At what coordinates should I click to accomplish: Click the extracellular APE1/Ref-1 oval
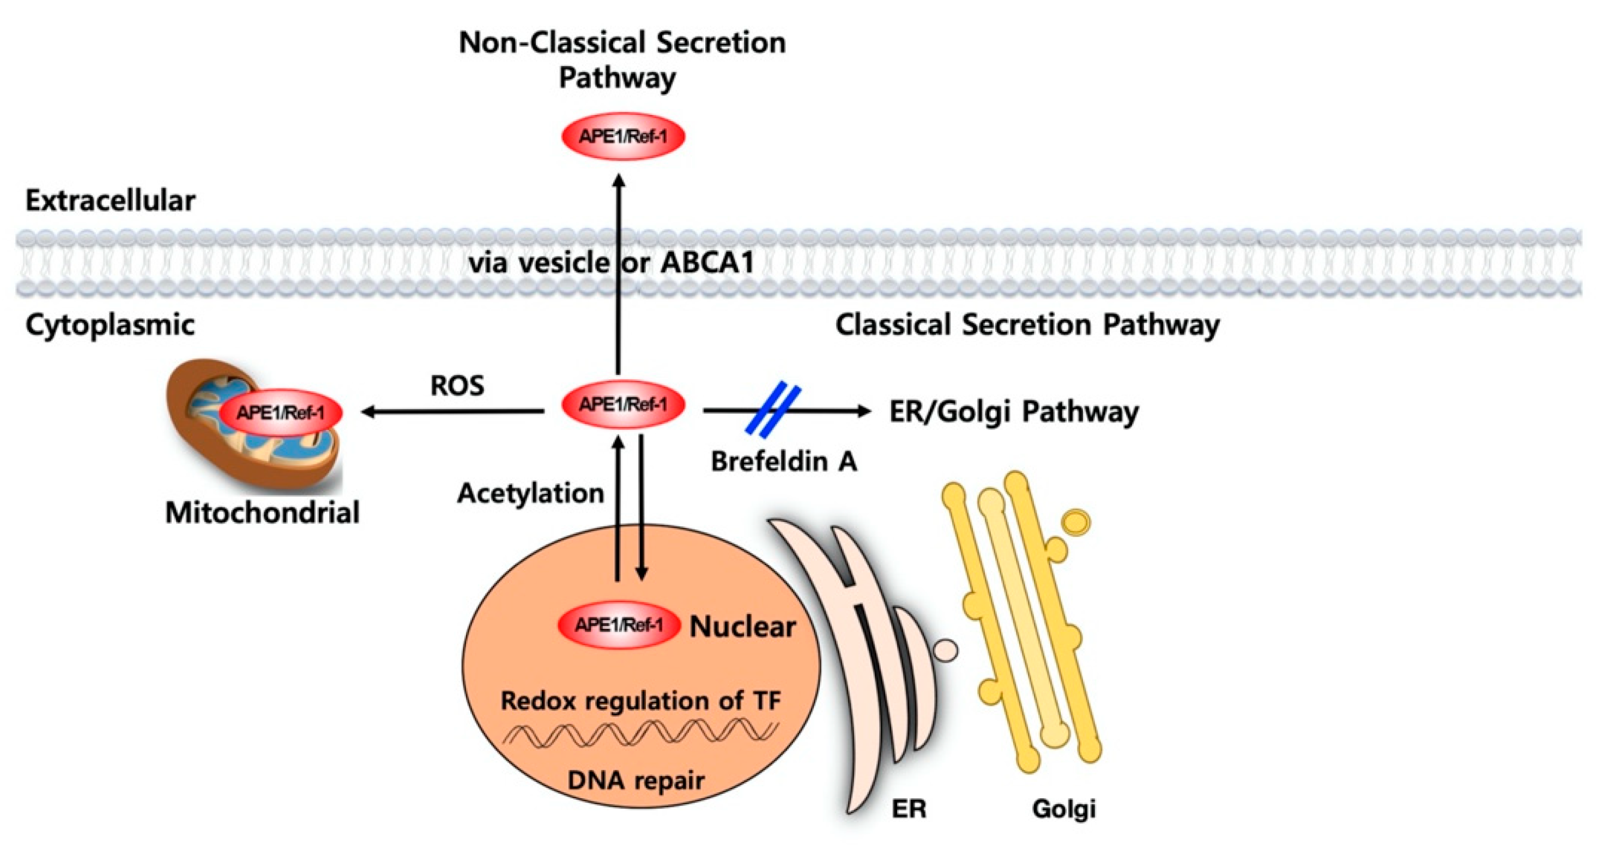coord(623,136)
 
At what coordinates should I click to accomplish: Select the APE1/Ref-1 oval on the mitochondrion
coord(281,412)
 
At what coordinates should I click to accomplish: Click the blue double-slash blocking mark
coord(773,411)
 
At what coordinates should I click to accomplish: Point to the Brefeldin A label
coord(784,461)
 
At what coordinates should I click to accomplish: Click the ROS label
coord(457,386)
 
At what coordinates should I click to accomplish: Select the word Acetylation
coord(531,494)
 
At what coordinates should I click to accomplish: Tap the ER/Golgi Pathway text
coord(1014,412)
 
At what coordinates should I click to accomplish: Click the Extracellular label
coord(110,201)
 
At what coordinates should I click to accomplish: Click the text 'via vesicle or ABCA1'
coord(612,263)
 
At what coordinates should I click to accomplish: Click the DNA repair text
coord(636,780)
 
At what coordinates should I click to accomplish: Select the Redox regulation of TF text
coord(641,701)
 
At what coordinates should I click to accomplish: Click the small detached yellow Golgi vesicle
coord(1077,521)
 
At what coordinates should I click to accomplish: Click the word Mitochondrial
coord(262,513)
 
